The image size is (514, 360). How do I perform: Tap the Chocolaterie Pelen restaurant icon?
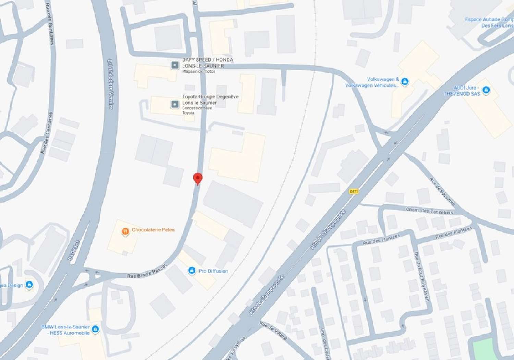pyautogui.click(x=125, y=232)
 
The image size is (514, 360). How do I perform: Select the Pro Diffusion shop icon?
pyautogui.click(x=192, y=271)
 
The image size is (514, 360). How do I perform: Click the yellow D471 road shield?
pyautogui.click(x=354, y=191)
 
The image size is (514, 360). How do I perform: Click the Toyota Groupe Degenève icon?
pyautogui.click(x=175, y=104)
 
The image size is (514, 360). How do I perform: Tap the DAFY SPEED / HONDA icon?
pyautogui.click(x=175, y=65)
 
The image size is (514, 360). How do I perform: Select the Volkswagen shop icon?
pyautogui.click(x=405, y=82)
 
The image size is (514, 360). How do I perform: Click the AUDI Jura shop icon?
pyautogui.click(x=486, y=90)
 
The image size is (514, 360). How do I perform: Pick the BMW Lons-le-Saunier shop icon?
pyautogui.click(x=96, y=329)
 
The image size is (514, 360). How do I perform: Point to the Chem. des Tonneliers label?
pyautogui.click(x=429, y=211)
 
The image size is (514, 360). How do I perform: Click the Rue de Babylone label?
pyautogui.click(x=442, y=192)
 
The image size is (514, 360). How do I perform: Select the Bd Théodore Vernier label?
pyautogui.click(x=110, y=84)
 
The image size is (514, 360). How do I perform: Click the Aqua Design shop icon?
pyautogui.click(x=29, y=285)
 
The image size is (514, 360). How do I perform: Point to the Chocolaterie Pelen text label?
pyautogui.click(x=153, y=230)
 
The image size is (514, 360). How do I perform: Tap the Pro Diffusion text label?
pyautogui.click(x=213, y=271)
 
